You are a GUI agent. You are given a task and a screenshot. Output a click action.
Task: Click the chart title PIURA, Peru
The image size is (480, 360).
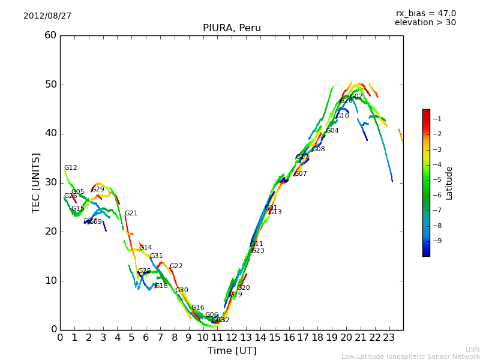pos(232,28)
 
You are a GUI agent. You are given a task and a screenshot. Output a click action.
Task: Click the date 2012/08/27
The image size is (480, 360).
pos(47,16)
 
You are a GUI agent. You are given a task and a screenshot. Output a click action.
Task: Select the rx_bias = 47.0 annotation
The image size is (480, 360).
pos(425,14)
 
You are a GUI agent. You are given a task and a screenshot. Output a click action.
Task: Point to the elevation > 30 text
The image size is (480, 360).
pos(425,23)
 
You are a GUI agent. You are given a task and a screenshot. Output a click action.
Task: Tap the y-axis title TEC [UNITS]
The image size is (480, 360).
pos(36,182)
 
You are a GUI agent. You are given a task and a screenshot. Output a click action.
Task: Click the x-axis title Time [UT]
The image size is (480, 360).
pos(232,351)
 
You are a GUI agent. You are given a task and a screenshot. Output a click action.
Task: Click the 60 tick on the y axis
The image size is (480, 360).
pos(50,35)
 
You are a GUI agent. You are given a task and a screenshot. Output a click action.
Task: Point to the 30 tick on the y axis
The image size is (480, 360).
pos(50,182)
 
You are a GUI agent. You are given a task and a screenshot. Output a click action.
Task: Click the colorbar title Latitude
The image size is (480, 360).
pos(449,183)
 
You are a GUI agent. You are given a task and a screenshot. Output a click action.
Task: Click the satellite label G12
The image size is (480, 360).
pos(71,168)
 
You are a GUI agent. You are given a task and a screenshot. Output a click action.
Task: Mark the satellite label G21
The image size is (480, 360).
pos(131,214)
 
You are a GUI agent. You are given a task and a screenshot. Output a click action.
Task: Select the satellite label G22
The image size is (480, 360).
pos(176,266)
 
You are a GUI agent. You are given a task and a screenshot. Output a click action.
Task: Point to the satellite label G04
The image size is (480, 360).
pos(332,131)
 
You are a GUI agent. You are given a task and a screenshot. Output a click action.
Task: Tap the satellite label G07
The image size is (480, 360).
pos(301,174)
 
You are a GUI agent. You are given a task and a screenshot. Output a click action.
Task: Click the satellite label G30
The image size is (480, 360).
pos(182,290)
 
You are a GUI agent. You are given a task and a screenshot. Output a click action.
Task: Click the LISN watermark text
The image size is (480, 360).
pos(472,349)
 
